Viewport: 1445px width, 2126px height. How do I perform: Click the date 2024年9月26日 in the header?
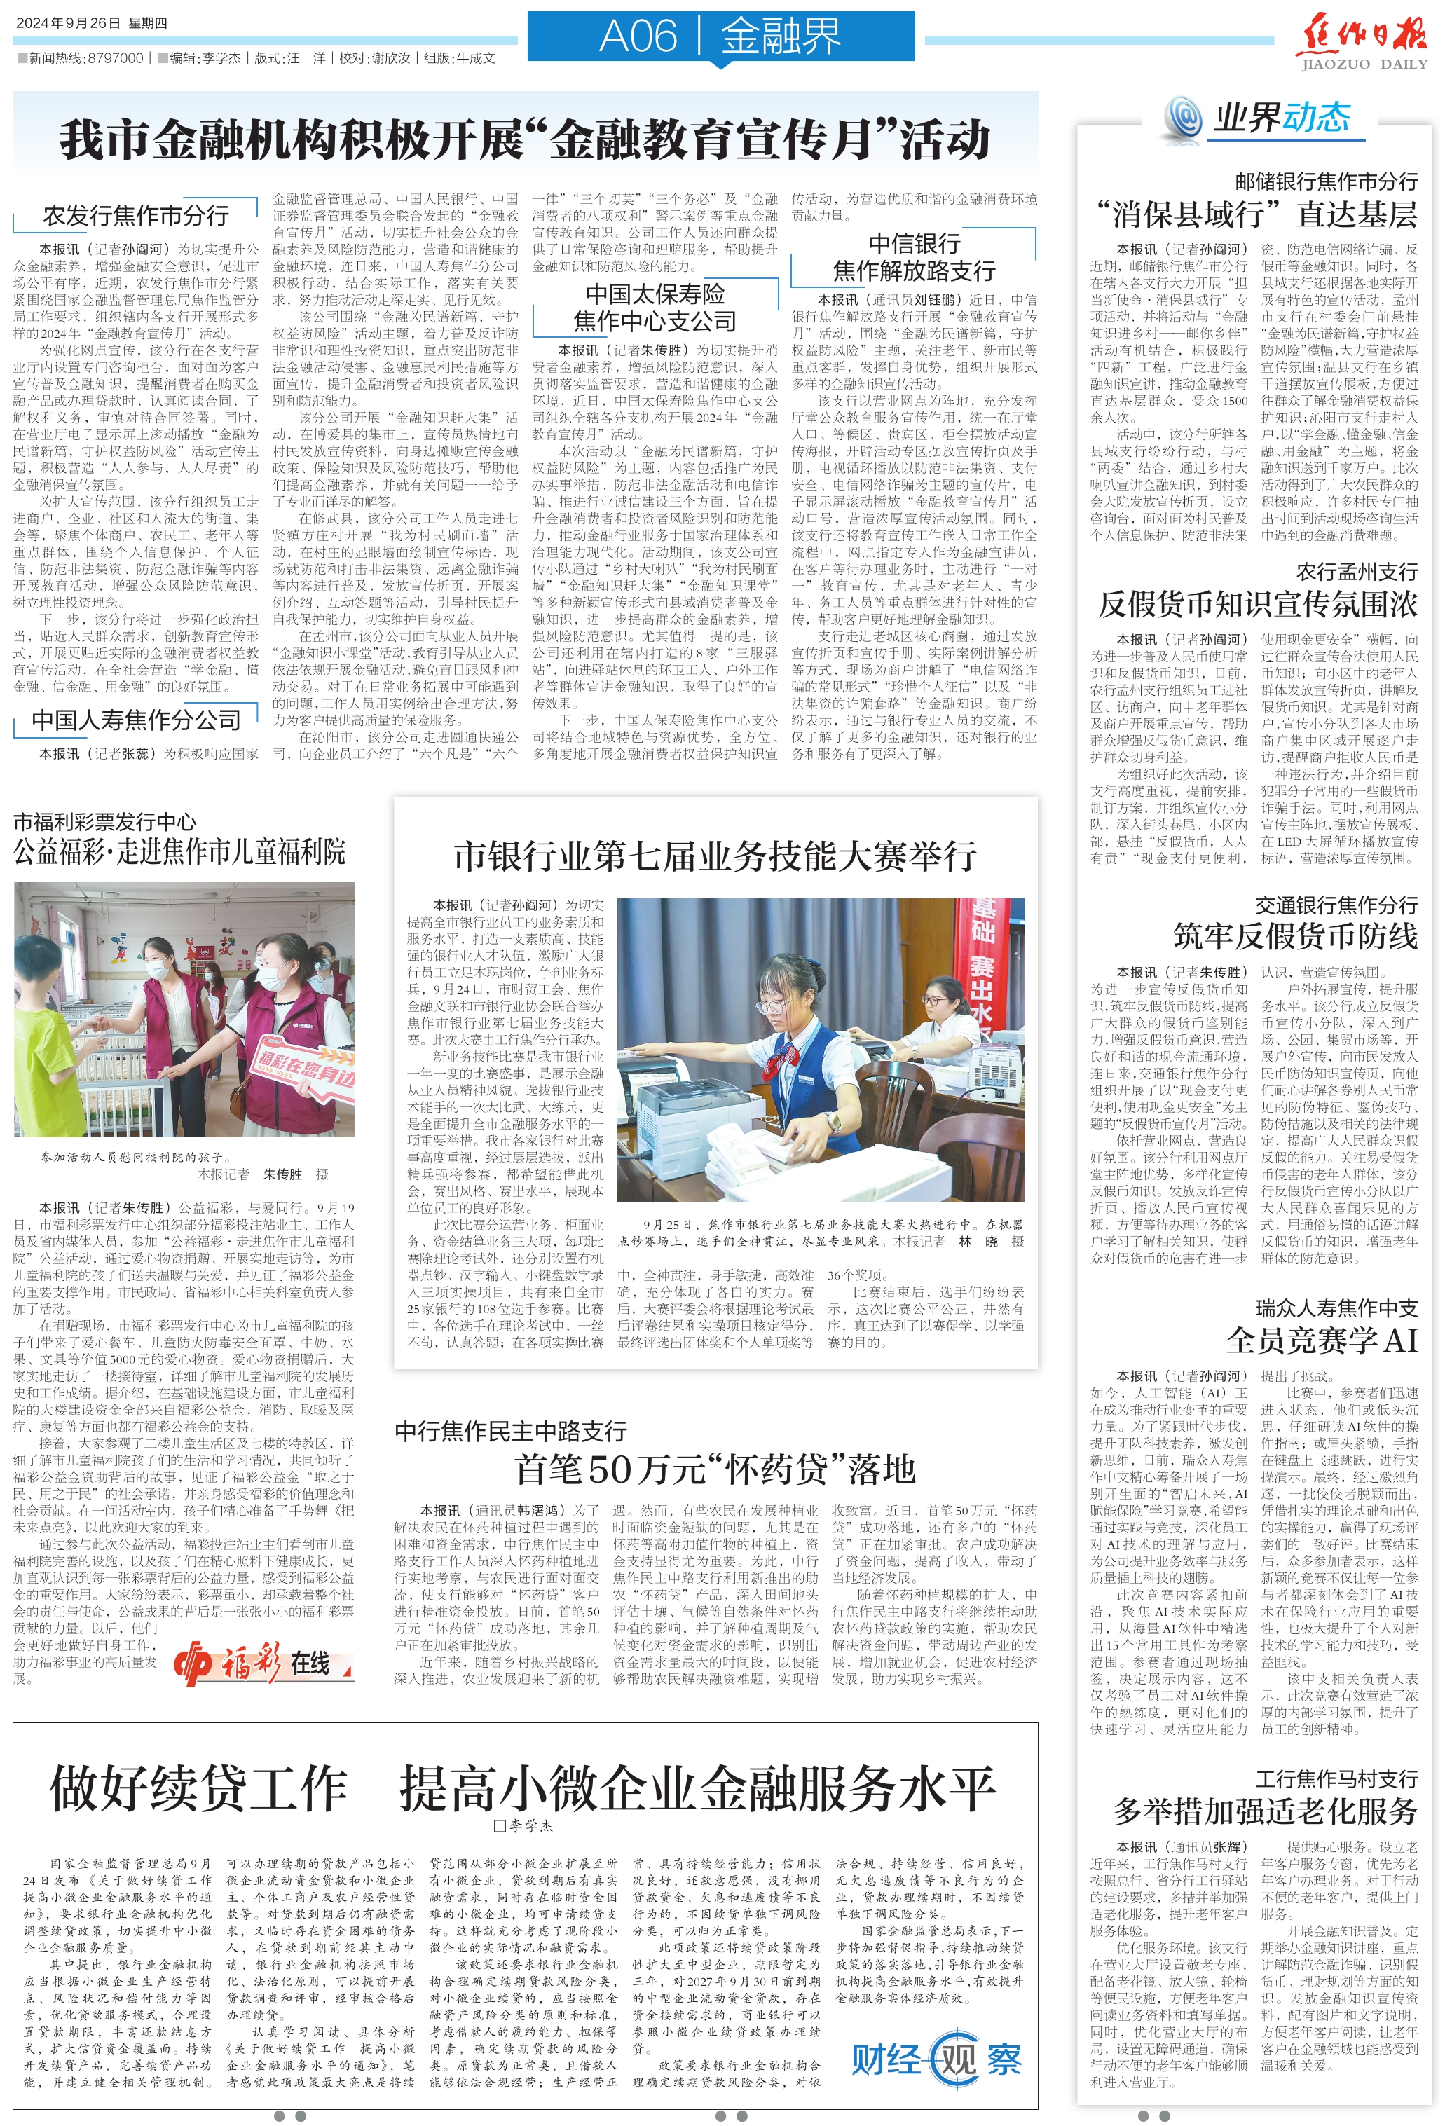point(69,23)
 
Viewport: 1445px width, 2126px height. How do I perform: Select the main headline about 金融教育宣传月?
point(526,140)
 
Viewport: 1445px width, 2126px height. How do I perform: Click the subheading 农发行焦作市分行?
point(135,216)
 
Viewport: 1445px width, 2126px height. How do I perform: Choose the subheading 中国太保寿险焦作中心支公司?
point(655,308)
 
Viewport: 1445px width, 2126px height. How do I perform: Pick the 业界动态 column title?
point(1280,117)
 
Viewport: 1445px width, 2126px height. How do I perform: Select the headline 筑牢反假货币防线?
point(1295,936)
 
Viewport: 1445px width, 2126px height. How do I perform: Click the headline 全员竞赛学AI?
point(1322,1340)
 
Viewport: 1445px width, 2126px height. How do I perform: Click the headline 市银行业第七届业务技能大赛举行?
point(715,856)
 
